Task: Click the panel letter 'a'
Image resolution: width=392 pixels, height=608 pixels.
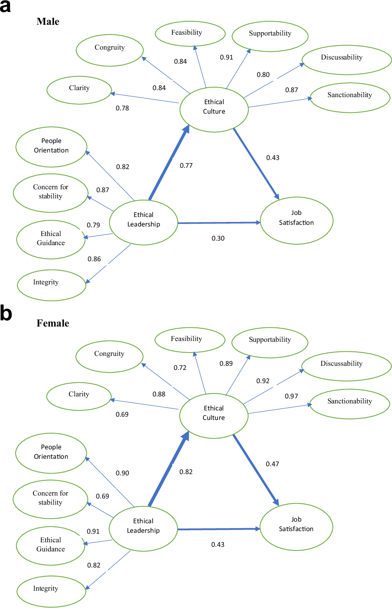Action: pos(5,7)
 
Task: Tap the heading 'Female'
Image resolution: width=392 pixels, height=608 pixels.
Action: pos(53,323)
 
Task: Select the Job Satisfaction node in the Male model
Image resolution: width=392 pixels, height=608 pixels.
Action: pos(296,220)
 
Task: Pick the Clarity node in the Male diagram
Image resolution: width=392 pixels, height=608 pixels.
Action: pos(79,90)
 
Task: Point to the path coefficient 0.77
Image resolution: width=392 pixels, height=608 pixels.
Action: pos(186,166)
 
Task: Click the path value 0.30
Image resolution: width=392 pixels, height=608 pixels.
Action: pos(218,238)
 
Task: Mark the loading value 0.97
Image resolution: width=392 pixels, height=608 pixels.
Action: pos(291,396)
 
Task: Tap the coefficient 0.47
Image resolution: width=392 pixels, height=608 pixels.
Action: pos(272,464)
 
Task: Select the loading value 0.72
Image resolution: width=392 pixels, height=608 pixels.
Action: pos(180,368)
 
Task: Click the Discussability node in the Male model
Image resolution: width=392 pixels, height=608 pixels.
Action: pos(347,60)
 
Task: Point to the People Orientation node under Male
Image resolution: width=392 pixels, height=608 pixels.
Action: pos(51,147)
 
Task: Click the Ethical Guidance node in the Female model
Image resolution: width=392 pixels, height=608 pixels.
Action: pos(51,545)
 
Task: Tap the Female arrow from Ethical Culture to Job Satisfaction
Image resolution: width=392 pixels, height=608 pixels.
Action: pos(256,470)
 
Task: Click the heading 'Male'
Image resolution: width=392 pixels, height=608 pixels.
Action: pos(48,21)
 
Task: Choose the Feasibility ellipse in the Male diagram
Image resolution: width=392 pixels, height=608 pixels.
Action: pos(190,33)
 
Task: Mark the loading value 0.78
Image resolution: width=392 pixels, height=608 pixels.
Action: pos(122,108)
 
